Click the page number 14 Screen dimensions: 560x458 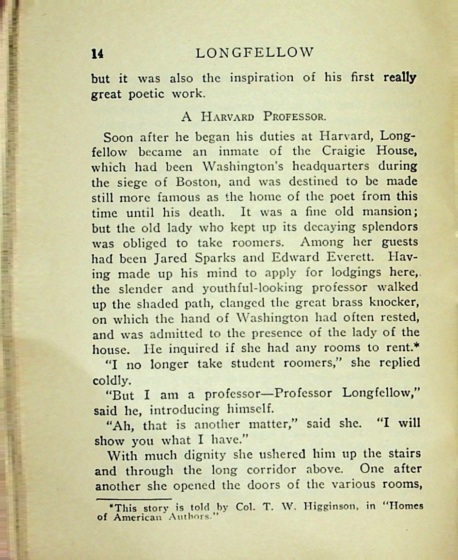click(x=97, y=53)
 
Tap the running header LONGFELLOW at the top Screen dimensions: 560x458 click(x=255, y=52)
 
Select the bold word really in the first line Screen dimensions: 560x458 click(x=400, y=78)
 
